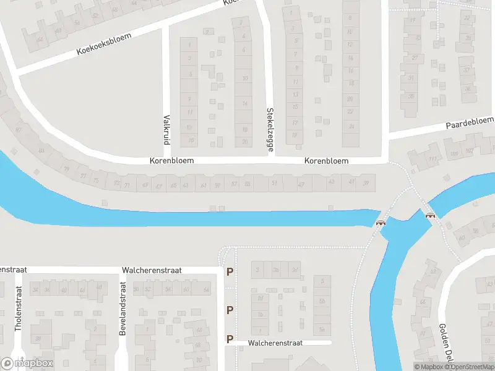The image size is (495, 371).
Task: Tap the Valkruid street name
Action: click(x=166, y=129)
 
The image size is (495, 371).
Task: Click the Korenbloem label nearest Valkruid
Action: click(x=171, y=160)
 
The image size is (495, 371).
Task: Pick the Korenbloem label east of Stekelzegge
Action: click(x=326, y=161)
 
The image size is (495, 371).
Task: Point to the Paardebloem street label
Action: click(x=470, y=122)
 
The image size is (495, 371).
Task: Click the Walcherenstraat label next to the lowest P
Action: click(x=275, y=343)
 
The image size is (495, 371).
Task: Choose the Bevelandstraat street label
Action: click(x=123, y=309)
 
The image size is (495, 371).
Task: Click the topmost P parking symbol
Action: click(x=230, y=271)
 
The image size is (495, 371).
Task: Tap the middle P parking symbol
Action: click(x=230, y=310)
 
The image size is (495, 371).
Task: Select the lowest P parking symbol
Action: click(x=230, y=339)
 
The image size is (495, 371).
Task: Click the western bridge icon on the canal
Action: click(x=381, y=223)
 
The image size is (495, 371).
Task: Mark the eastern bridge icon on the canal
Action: click(x=429, y=215)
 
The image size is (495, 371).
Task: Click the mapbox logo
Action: click(x=27, y=364)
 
